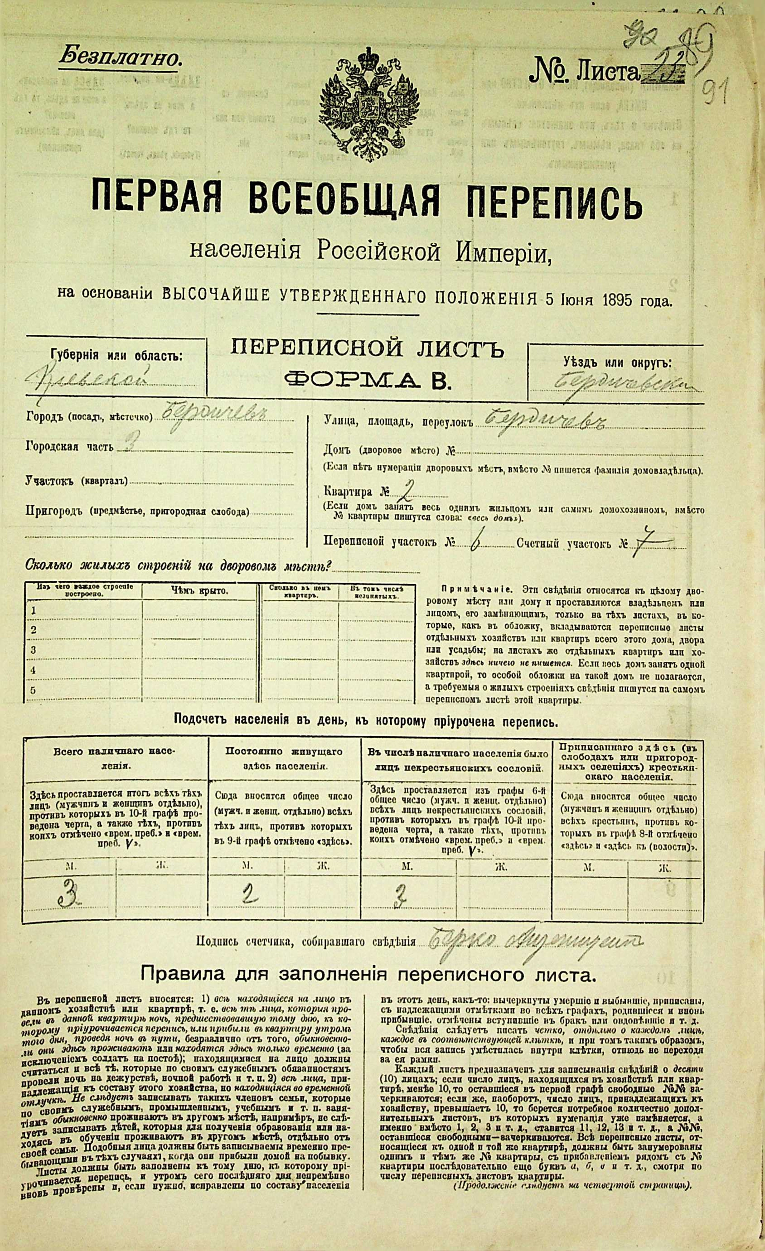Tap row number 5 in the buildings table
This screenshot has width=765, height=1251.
34,690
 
